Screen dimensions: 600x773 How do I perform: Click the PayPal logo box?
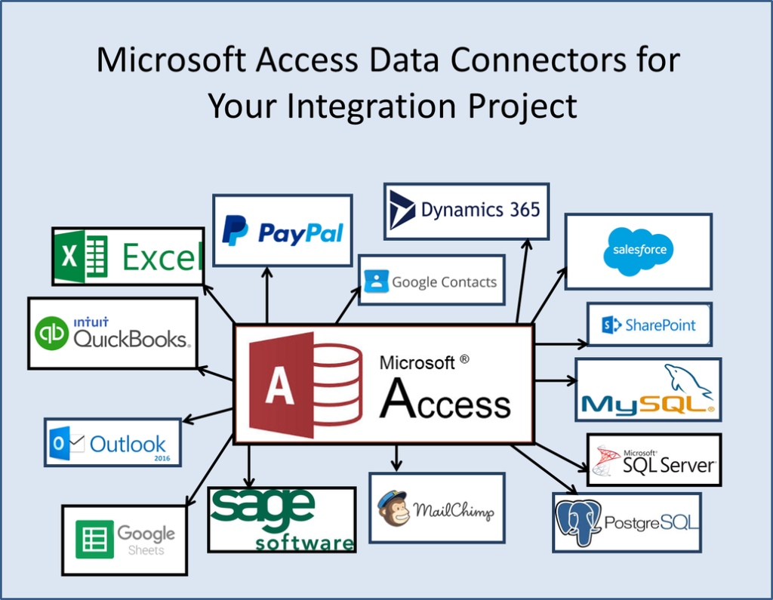(282, 230)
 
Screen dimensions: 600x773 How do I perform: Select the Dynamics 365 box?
(466, 211)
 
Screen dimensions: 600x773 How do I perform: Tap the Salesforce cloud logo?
(638, 251)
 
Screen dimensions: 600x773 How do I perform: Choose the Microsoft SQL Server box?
(654, 460)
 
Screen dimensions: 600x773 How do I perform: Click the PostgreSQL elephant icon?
(578, 521)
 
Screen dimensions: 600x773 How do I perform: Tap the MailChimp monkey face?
(394, 509)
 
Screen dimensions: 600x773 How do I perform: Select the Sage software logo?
(282, 518)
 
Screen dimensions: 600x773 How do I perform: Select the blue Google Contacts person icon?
(375, 282)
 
